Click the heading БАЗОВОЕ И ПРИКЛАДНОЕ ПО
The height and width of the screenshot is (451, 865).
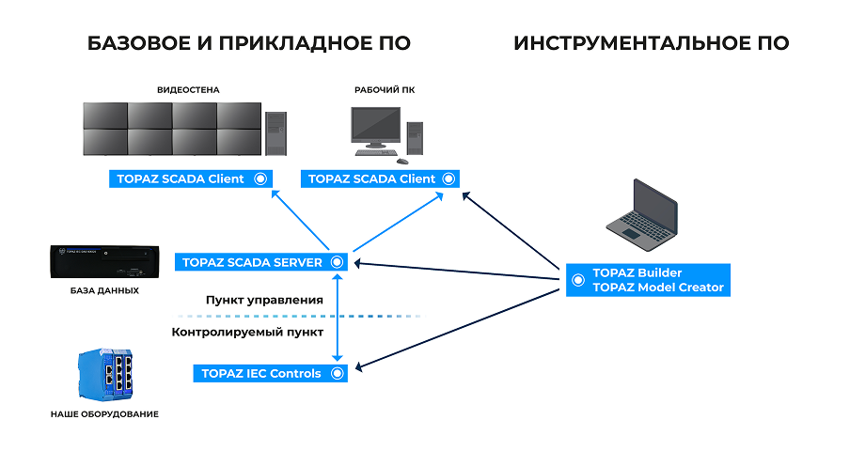[248, 43]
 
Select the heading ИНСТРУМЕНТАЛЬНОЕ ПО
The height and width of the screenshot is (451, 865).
[651, 43]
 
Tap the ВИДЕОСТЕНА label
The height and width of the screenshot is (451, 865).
[188, 90]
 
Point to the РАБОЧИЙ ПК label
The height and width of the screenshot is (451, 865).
[385, 90]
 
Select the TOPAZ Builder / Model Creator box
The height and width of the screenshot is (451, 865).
[648, 280]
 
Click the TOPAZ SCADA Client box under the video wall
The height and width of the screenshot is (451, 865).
[191, 179]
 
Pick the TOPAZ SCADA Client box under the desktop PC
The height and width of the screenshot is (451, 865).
[382, 179]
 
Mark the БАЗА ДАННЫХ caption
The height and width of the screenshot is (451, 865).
[104, 290]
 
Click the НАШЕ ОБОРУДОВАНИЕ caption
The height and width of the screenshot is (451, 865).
[104, 413]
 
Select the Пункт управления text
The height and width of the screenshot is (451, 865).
[264, 300]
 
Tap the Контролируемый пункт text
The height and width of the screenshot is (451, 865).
[247, 332]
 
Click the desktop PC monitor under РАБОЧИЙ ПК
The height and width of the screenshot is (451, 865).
[375, 128]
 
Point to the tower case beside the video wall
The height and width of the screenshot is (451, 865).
[275, 132]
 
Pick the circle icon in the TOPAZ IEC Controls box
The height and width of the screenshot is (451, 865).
[336, 373]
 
